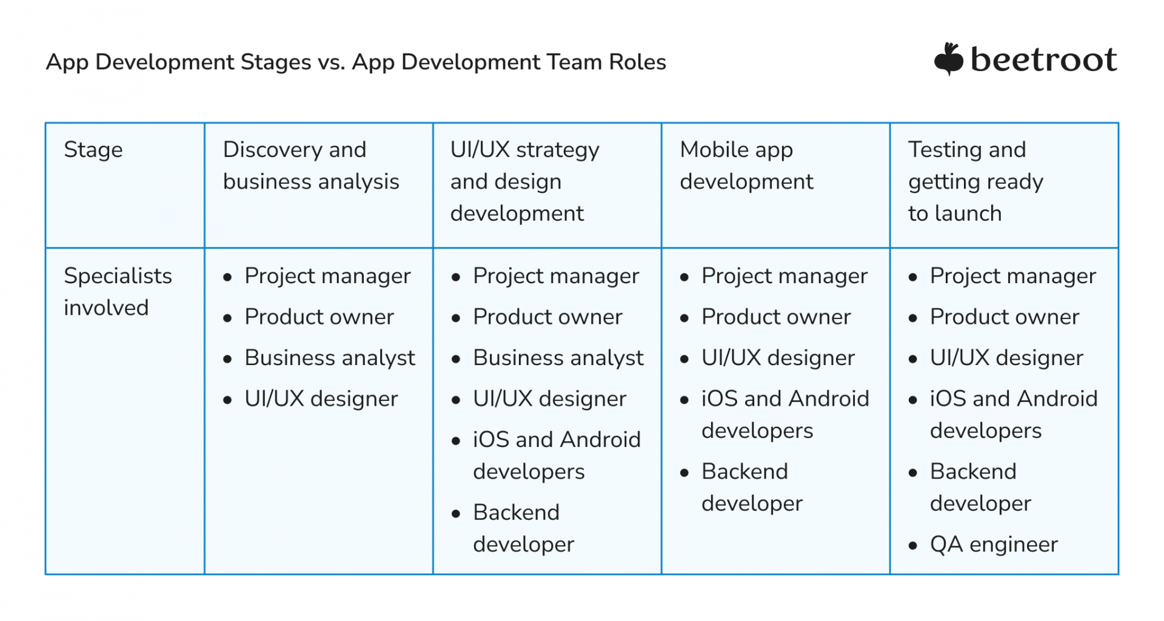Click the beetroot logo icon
click(x=948, y=59)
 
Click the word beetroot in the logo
click(x=1043, y=60)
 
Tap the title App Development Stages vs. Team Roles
click(x=356, y=62)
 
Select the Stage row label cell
click(x=93, y=150)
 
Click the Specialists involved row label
click(x=118, y=292)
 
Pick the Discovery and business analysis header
click(x=311, y=166)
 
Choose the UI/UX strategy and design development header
click(x=524, y=181)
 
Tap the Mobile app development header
click(x=746, y=166)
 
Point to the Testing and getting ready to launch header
click(x=975, y=181)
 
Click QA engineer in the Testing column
click(x=994, y=545)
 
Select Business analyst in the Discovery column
click(x=330, y=358)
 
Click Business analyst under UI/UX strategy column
click(x=558, y=358)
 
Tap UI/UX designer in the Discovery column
click(x=321, y=399)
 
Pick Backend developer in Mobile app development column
click(x=752, y=488)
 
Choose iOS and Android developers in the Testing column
click(x=1014, y=415)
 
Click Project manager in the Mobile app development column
click(x=784, y=277)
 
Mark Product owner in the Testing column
click(x=1005, y=317)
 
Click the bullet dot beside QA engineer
click(x=913, y=546)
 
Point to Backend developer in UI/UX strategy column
click(x=523, y=528)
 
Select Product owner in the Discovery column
click(x=319, y=317)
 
